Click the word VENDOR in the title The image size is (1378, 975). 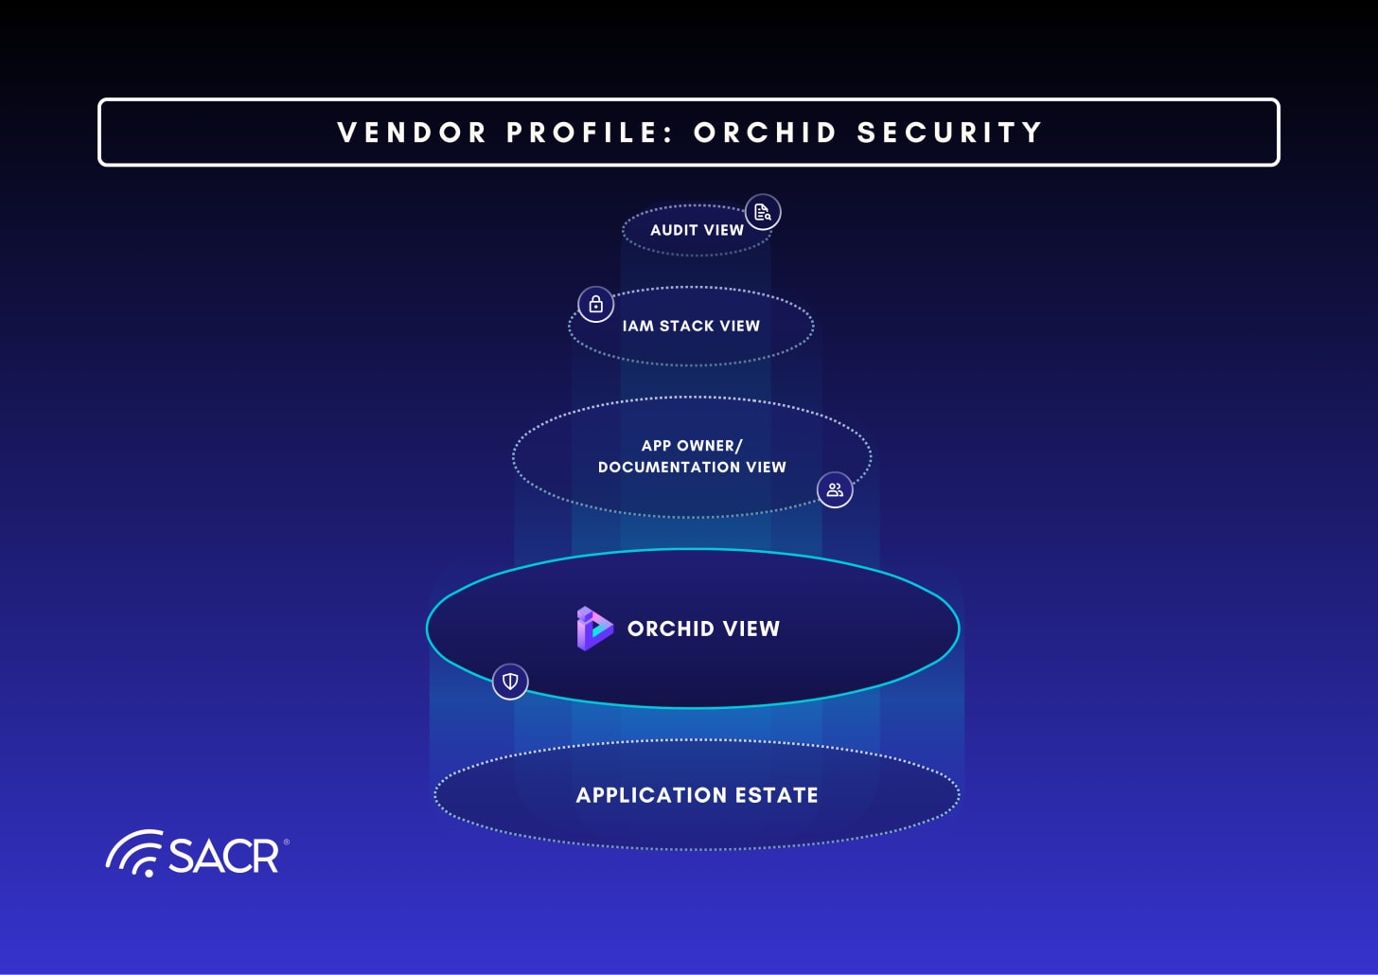[x=412, y=133]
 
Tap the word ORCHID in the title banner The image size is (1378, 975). [x=765, y=133]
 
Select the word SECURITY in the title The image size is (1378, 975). [x=949, y=133]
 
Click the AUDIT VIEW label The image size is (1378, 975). [x=697, y=230]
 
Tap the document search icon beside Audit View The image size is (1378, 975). [x=763, y=213]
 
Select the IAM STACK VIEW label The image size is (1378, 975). [x=691, y=326]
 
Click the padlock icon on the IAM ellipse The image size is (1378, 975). [x=596, y=305]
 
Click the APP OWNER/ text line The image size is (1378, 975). [x=692, y=445]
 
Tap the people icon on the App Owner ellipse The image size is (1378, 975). [x=835, y=489]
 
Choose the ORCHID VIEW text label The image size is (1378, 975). [x=703, y=629]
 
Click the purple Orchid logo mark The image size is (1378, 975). [x=594, y=629]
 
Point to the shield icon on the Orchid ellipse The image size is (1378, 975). [x=510, y=681]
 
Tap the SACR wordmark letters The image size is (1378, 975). [x=223, y=856]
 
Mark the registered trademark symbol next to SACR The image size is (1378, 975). [x=286, y=841]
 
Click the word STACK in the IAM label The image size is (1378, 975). [x=687, y=326]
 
